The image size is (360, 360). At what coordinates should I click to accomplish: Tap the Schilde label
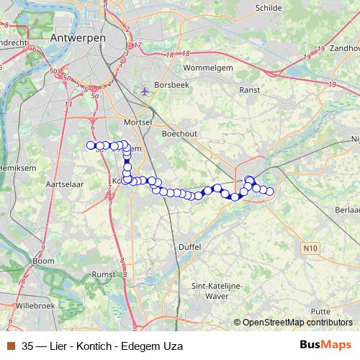point(269,8)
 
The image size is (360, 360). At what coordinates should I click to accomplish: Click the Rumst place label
point(104,274)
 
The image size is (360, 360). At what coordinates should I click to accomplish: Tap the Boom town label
point(43,261)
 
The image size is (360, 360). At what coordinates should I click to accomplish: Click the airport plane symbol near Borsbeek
point(147,91)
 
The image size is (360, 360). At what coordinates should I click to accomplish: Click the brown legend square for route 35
point(11,346)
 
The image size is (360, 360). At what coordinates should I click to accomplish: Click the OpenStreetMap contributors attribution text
point(297,323)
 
